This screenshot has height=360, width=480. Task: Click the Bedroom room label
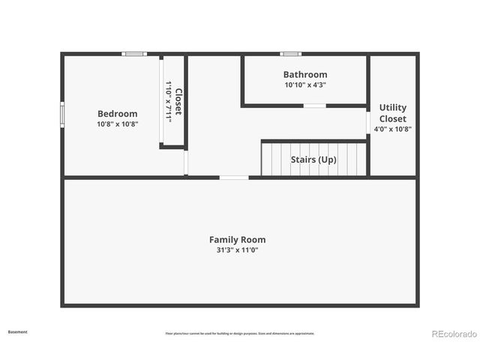pyautogui.click(x=117, y=114)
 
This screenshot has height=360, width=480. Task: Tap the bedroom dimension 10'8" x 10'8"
pyautogui.click(x=117, y=124)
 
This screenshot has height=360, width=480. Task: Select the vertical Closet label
pyautogui.click(x=178, y=102)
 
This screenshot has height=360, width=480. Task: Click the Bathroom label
pyautogui.click(x=304, y=74)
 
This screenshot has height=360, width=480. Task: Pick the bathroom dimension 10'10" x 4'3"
pyautogui.click(x=304, y=85)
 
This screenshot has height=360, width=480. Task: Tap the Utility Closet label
pyautogui.click(x=392, y=113)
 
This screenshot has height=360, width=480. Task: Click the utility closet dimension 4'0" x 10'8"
pyautogui.click(x=392, y=129)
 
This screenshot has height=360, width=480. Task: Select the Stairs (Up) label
pyautogui.click(x=313, y=160)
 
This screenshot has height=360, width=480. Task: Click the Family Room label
pyautogui.click(x=237, y=240)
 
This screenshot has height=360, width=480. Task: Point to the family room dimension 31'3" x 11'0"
pyautogui.click(x=237, y=250)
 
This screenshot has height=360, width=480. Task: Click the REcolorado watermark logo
pyautogui.click(x=453, y=334)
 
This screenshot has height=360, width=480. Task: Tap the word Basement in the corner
pyautogui.click(x=17, y=331)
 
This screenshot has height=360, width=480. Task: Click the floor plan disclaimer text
pyautogui.click(x=240, y=334)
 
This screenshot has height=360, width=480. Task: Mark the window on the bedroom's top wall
pyautogui.click(x=134, y=54)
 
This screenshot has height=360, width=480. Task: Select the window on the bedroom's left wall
pyautogui.click(x=62, y=114)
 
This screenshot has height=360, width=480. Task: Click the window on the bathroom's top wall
pyautogui.click(x=290, y=54)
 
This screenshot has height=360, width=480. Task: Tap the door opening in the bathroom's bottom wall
pyautogui.click(x=314, y=106)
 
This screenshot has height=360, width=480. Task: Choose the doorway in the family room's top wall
pyautogui.click(x=234, y=178)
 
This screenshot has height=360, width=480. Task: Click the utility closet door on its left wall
pyautogui.click(x=368, y=122)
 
